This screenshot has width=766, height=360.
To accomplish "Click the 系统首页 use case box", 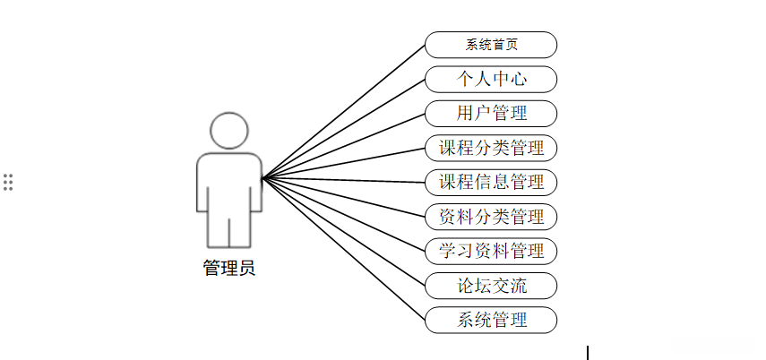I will pos(491,45).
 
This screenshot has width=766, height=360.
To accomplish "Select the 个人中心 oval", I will pos(491,79).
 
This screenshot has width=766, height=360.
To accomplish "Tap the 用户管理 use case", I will pos(491,114).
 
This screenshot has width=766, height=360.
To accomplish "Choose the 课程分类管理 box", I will pos(491,148).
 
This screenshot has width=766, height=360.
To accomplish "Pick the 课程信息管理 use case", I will pos(491,182).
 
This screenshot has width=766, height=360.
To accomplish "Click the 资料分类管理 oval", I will pos(491,217).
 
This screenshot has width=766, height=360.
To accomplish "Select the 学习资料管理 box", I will pos(491,251).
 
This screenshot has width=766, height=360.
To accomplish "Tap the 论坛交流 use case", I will pos(491,286).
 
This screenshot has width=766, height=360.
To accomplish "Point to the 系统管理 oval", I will pos(491,320).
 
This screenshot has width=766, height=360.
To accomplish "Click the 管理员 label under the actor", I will pos(229,268).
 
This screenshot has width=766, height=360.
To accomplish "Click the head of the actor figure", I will pos(229,130).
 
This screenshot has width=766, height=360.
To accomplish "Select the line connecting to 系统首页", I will pos(344,112).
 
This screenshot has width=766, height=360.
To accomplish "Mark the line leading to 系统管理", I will pos(344,249).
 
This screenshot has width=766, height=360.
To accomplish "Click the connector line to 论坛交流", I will pos(344,232).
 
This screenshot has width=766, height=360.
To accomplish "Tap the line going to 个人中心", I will pos(344,130).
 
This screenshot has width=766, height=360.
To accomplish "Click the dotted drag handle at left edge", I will pos(8,181).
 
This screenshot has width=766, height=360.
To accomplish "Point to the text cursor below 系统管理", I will pos(588,352).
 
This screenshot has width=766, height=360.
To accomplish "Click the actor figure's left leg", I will pos(218,228).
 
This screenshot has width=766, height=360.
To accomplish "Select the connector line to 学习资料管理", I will pos(344,215).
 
